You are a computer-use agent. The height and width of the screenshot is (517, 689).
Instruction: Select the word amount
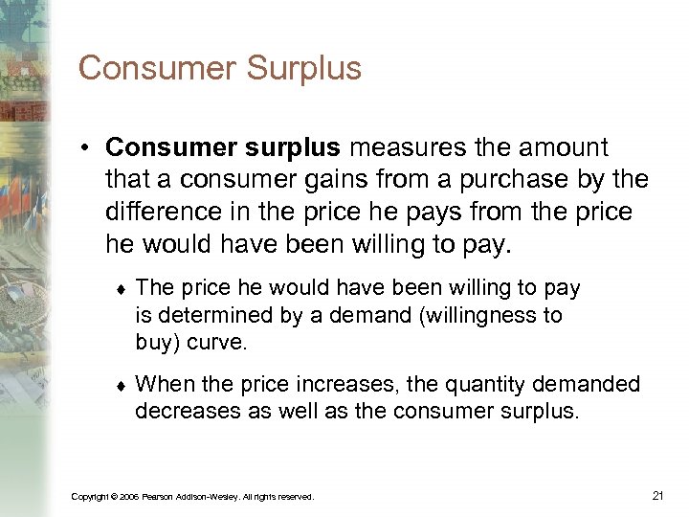(561, 147)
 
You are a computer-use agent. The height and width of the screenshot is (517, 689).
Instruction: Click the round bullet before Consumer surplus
(86, 149)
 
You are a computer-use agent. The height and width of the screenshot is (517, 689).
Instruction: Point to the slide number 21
(657, 495)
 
